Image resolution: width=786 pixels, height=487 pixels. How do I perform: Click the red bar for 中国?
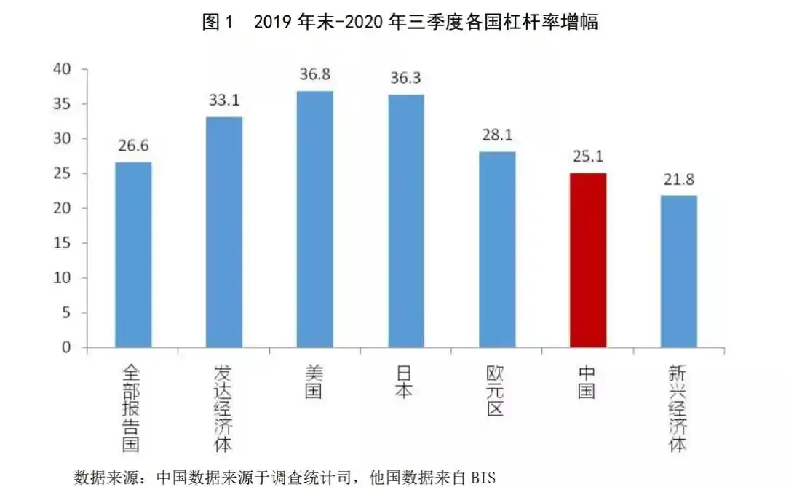[587, 260]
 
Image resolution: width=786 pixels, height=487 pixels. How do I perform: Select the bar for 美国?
[315, 219]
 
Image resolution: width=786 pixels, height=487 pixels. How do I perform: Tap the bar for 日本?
[406, 221]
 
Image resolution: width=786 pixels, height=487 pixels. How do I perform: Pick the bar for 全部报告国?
[133, 255]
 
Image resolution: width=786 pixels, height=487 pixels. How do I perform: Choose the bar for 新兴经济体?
[678, 272]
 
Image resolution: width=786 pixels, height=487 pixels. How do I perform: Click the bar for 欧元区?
[497, 250]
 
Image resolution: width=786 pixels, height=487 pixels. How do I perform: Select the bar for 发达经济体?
[224, 232]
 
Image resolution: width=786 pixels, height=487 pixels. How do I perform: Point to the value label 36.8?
[315, 75]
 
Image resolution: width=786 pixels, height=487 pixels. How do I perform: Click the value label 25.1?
[587, 157]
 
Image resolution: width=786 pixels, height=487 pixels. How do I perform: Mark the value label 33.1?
[224, 101]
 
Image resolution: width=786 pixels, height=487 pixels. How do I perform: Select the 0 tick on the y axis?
[66, 348]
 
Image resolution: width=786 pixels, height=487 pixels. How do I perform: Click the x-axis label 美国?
[315, 382]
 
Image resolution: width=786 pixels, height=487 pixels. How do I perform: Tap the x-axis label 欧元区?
[496, 391]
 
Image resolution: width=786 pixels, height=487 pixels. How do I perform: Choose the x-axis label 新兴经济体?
[678, 408]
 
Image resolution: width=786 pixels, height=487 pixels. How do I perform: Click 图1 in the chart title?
[218, 22]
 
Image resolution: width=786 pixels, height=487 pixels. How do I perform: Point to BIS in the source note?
[482, 478]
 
